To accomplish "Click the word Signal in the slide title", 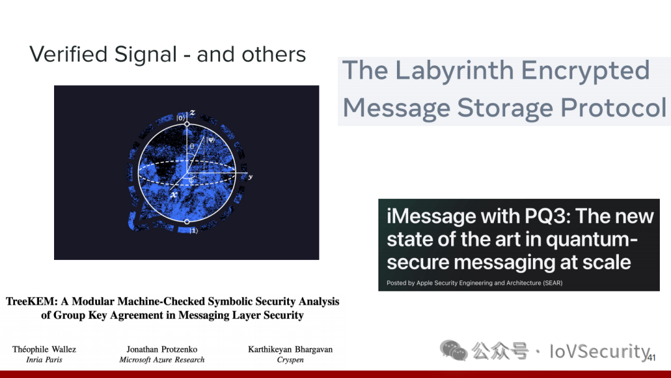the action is [145, 55].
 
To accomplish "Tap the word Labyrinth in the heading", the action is [454, 71].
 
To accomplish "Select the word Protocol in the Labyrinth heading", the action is [613, 108].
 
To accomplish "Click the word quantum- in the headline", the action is [592, 240].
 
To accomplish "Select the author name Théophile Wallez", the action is [44, 349].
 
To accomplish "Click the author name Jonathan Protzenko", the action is [162, 349].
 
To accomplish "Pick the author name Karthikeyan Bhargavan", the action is [290, 349].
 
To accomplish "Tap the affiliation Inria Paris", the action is [44, 359].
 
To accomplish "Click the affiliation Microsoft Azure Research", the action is [162, 359].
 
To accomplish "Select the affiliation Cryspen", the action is [290, 360].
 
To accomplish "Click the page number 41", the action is [651, 358].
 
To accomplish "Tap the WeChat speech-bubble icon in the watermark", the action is [453, 350].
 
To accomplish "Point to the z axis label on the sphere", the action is [193, 113].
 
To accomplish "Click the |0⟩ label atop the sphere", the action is [181, 118].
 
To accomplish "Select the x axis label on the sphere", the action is [174, 195].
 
